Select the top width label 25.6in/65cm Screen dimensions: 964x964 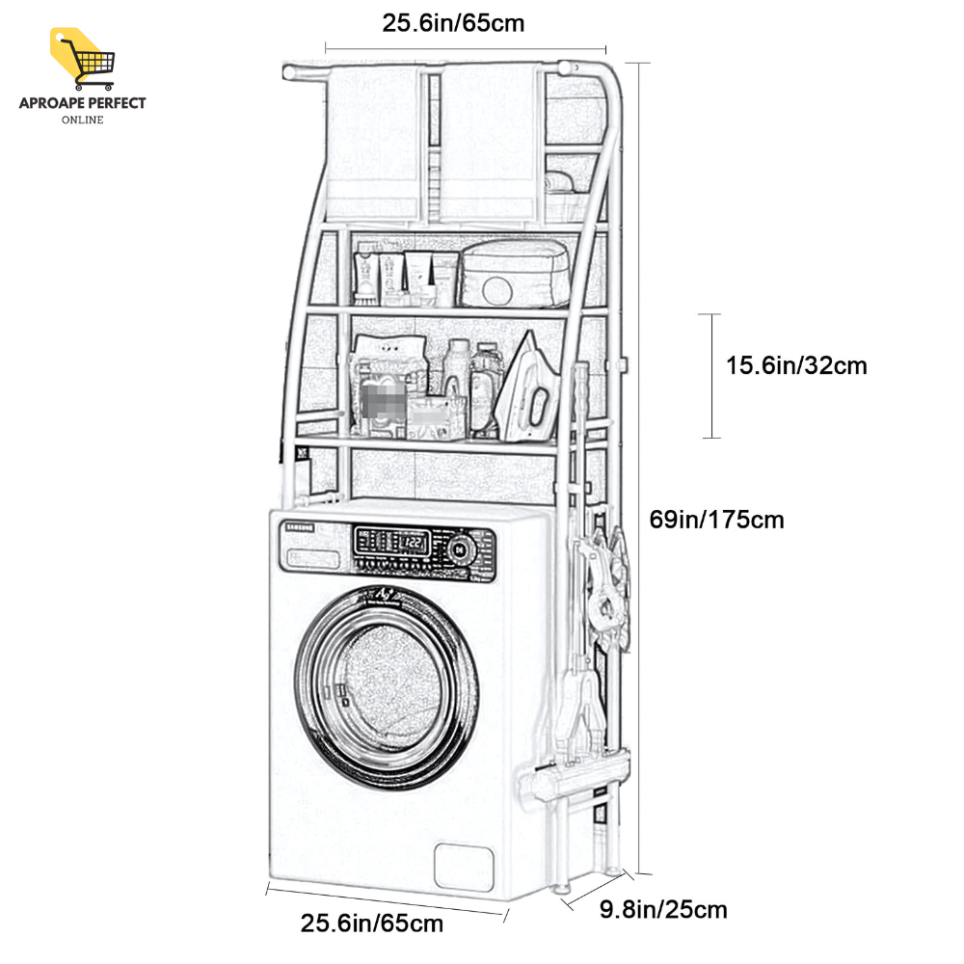point(453,23)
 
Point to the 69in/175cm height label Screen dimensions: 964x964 point(716,520)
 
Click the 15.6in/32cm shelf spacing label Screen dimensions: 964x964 point(796,366)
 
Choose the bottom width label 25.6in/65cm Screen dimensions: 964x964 point(372,924)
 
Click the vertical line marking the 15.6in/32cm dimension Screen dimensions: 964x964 point(711,376)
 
